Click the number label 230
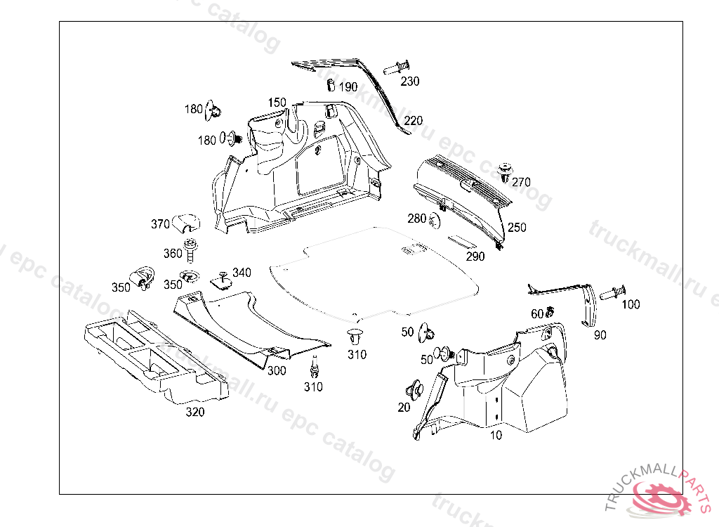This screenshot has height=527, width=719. coord(410,82)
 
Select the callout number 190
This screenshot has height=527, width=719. coord(348,87)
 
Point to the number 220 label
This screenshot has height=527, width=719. coord(414,121)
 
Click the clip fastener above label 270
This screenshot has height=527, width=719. coord(504,171)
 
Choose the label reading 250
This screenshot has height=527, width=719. coord(517,228)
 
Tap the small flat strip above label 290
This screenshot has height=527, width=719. coord(462,241)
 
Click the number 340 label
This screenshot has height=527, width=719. coord(242,273)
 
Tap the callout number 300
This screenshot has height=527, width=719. coord(277,371)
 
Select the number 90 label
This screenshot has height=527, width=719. coord(600,335)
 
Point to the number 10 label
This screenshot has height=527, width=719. coord(496,436)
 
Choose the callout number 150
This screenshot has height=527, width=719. coord(277,103)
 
